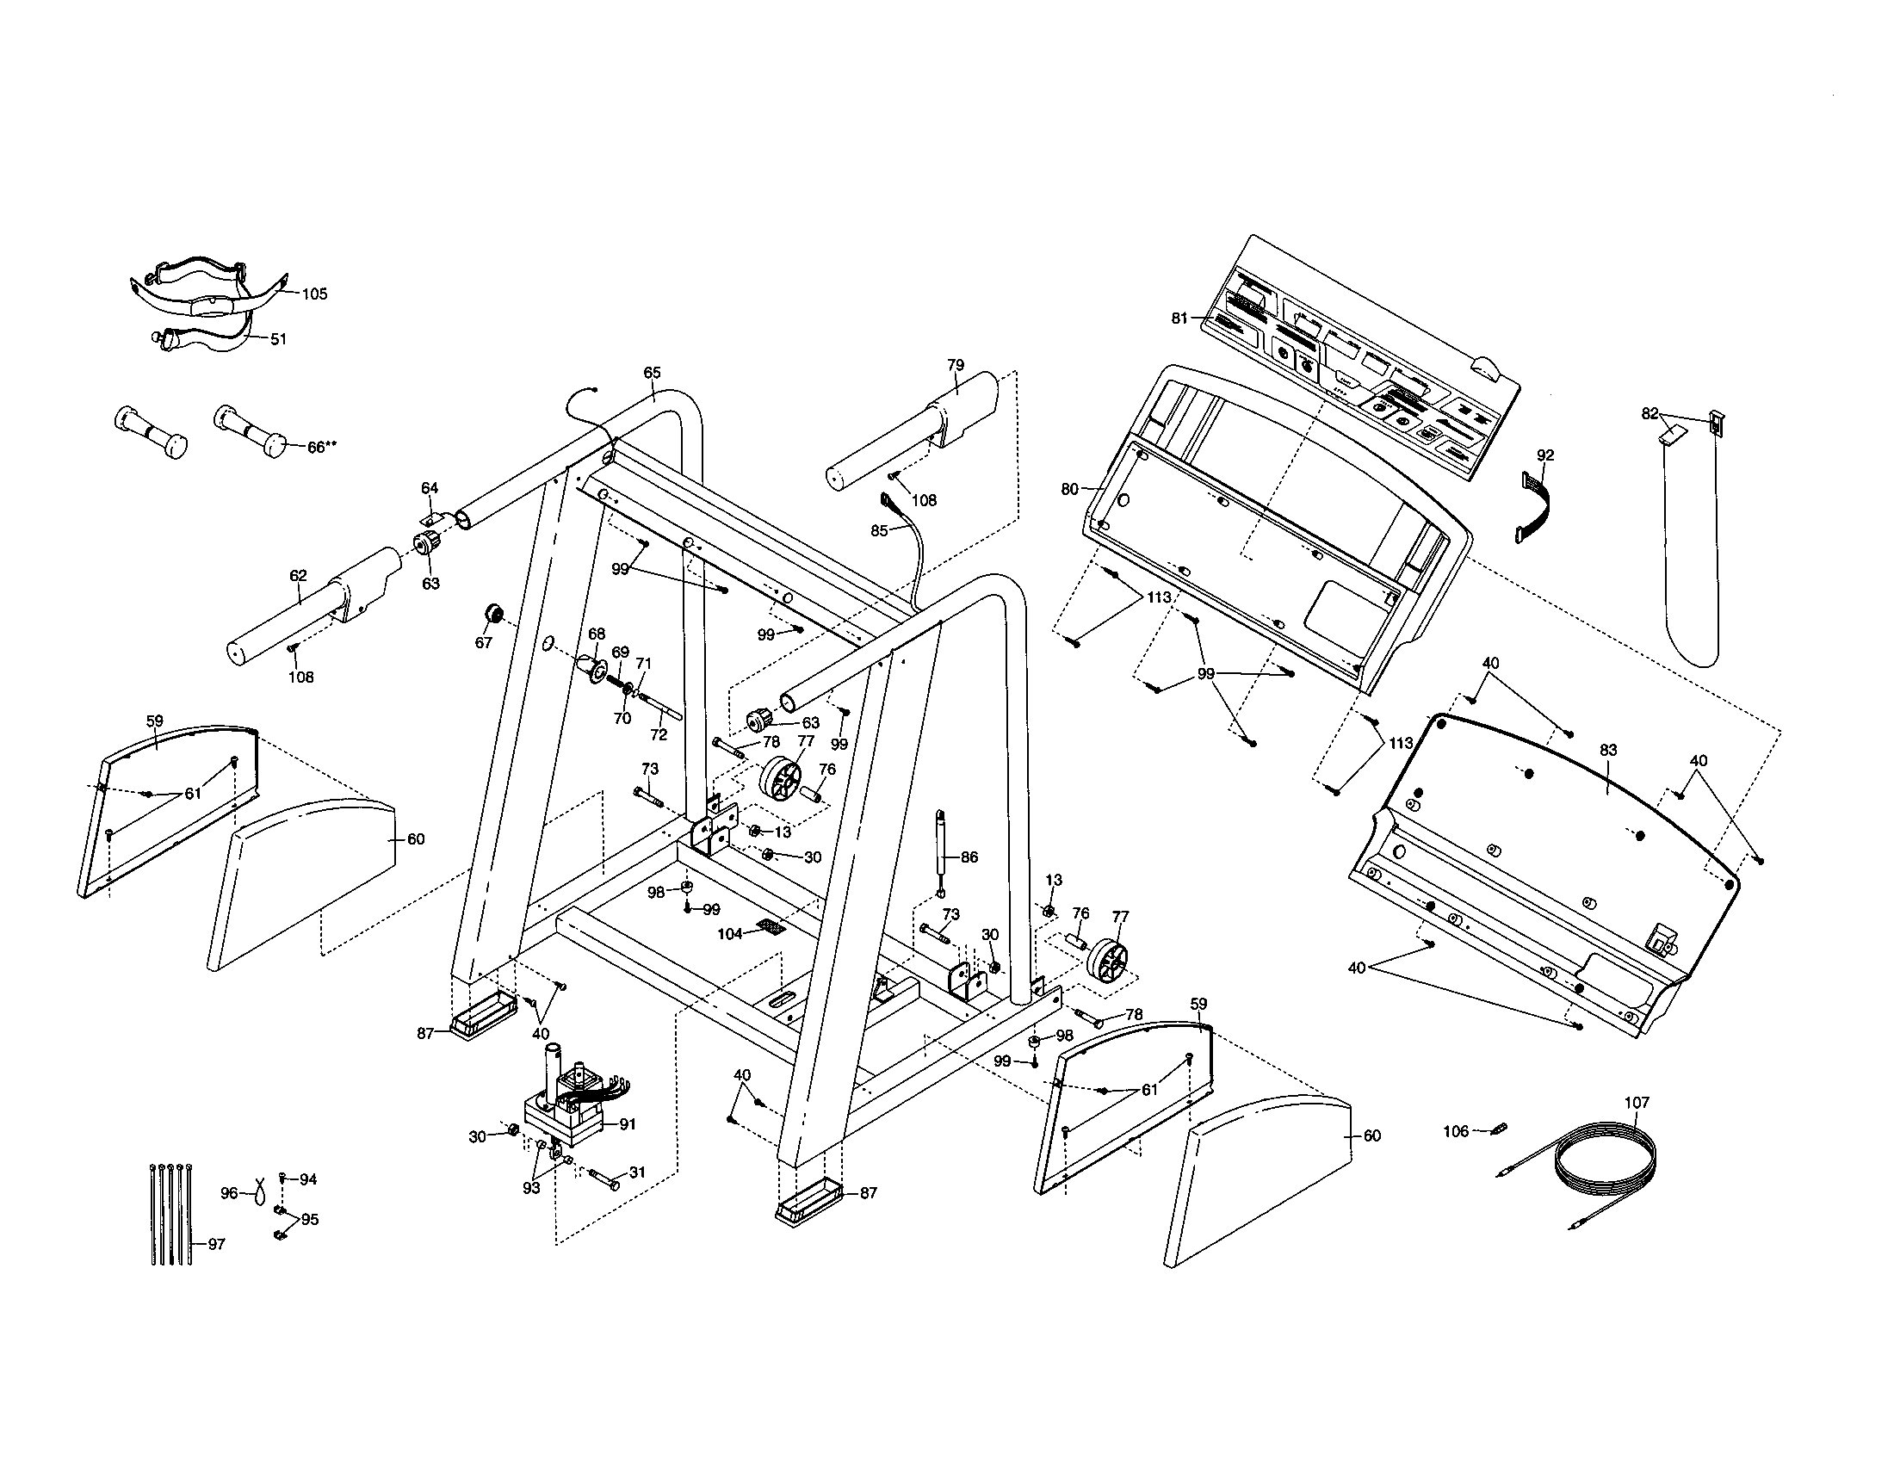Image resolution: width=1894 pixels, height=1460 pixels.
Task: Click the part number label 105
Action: pos(314,294)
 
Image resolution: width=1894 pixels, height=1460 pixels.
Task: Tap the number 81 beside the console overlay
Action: pos(1179,319)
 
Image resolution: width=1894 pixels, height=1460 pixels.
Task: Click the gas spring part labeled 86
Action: pos(939,853)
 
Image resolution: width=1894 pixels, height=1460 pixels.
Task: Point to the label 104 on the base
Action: pos(729,935)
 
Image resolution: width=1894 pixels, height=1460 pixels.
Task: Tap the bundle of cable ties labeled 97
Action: pos(170,1213)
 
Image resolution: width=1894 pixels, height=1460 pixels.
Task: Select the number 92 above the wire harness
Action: pos(1545,455)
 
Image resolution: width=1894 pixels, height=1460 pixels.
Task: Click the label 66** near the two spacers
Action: pos(322,448)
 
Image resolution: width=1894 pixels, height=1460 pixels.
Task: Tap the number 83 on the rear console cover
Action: pos(1608,751)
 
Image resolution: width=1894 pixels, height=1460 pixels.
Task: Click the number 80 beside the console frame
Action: pos(1069,489)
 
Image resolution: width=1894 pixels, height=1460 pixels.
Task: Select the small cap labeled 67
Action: pos(493,615)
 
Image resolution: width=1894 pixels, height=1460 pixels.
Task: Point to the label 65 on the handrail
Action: pos(653,373)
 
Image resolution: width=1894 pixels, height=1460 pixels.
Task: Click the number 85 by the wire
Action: pos(879,531)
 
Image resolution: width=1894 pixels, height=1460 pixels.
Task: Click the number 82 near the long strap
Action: pos(1650,413)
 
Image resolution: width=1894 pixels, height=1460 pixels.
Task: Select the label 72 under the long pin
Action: pos(659,734)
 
